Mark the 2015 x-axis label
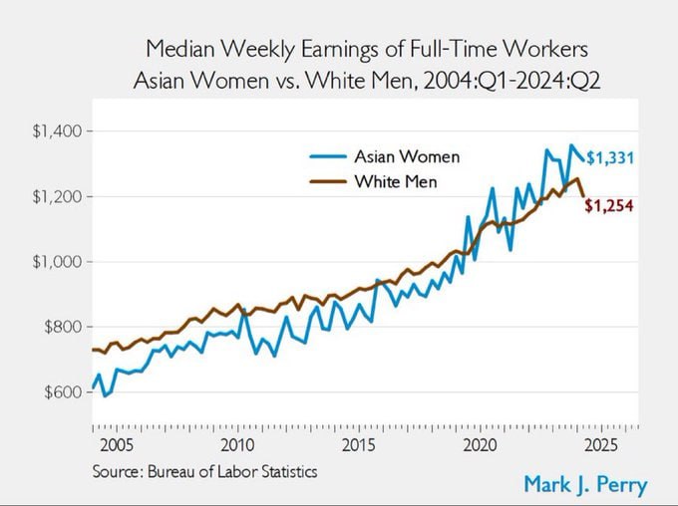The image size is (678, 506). click(x=359, y=443)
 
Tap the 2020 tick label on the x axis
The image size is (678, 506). click(x=481, y=443)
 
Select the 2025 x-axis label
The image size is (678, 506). click(x=602, y=443)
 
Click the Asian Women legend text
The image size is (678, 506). click(x=407, y=157)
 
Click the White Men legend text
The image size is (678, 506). click(x=395, y=182)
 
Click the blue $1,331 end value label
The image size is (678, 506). click(x=608, y=157)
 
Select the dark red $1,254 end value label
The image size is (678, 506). click(x=608, y=206)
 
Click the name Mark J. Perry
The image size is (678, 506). click(x=584, y=485)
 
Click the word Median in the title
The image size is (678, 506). click(x=177, y=49)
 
